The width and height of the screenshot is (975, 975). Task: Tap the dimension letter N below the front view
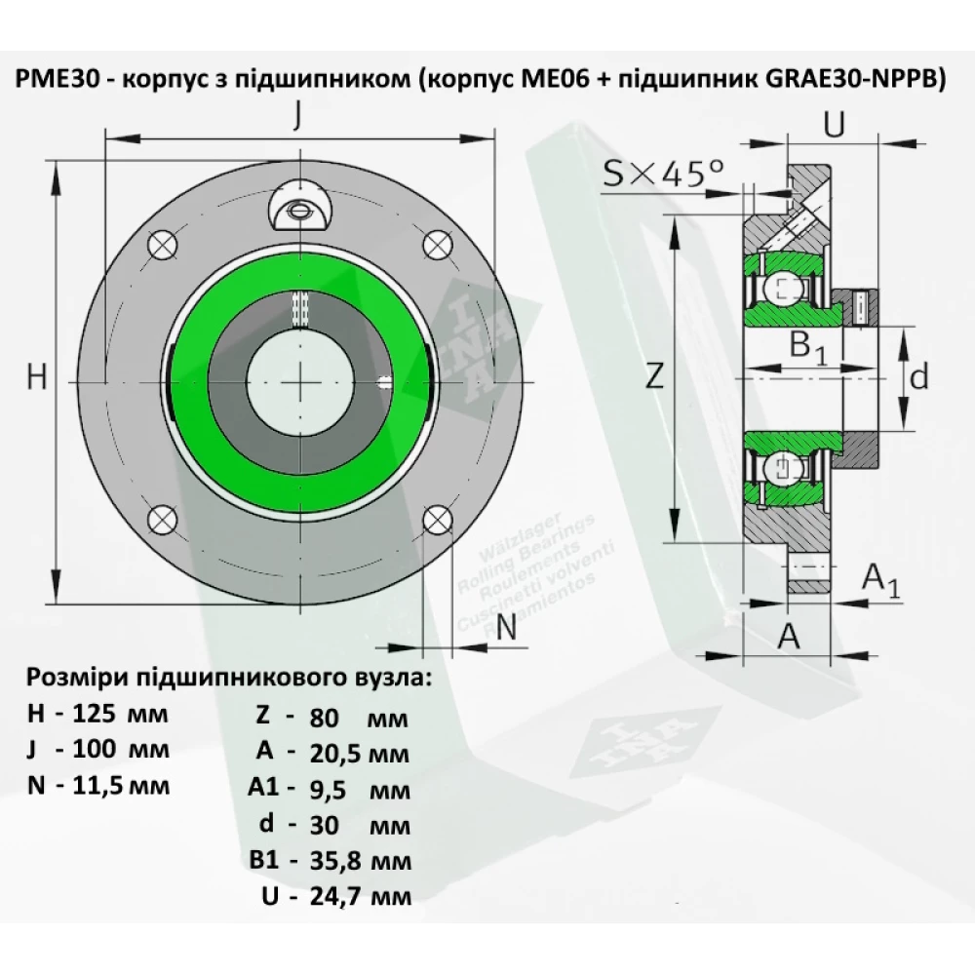(x=506, y=628)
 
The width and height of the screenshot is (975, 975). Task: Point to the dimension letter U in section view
(x=834, y=124)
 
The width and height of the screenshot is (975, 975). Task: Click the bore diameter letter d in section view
(x=918, y=376)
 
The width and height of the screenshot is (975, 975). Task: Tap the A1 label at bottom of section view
(x=881, y=581)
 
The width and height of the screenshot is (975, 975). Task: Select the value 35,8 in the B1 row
(x=333, y=861)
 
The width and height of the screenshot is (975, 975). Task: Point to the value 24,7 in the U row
(x=333, y=897)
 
